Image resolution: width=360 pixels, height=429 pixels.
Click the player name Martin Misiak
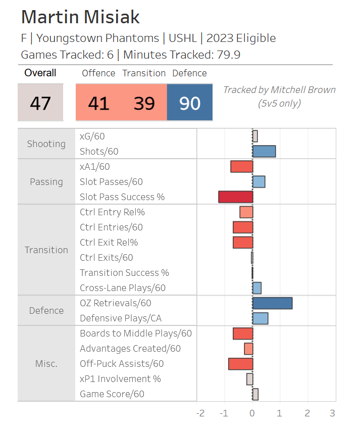pos(80,17)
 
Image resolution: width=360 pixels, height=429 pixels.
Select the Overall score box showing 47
pos(40,103)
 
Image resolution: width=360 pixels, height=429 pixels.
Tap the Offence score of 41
pos(98,103)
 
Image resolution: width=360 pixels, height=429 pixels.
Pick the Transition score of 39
pos(144,103)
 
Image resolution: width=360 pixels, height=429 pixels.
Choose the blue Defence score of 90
pos(189,103)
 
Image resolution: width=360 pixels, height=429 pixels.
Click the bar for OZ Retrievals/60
pos(272,303)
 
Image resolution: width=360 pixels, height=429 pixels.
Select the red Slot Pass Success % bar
pos(235,197)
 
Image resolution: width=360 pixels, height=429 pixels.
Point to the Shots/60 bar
pos(264,152)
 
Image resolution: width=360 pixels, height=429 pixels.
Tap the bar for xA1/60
pos(241,167)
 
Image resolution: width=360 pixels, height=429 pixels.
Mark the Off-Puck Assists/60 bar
pos(240,364)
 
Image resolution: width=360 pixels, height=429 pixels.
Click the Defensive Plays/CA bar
pos(260,318)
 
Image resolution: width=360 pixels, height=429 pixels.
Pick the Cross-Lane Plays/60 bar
pos(256,288)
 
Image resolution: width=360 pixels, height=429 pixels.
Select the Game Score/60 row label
pos(112,394)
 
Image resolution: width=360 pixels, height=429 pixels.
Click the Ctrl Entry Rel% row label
pos(112,212)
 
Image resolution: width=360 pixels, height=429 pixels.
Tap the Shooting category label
pos(46,144)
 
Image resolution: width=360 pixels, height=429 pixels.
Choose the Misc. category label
pos(46,364)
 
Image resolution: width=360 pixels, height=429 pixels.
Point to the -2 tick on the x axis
pos(200,413)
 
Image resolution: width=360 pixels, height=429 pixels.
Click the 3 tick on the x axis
pos(332,413)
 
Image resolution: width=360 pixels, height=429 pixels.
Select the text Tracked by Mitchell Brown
pos(279,90)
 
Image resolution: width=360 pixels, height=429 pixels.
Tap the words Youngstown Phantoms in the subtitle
pos(97,38)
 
